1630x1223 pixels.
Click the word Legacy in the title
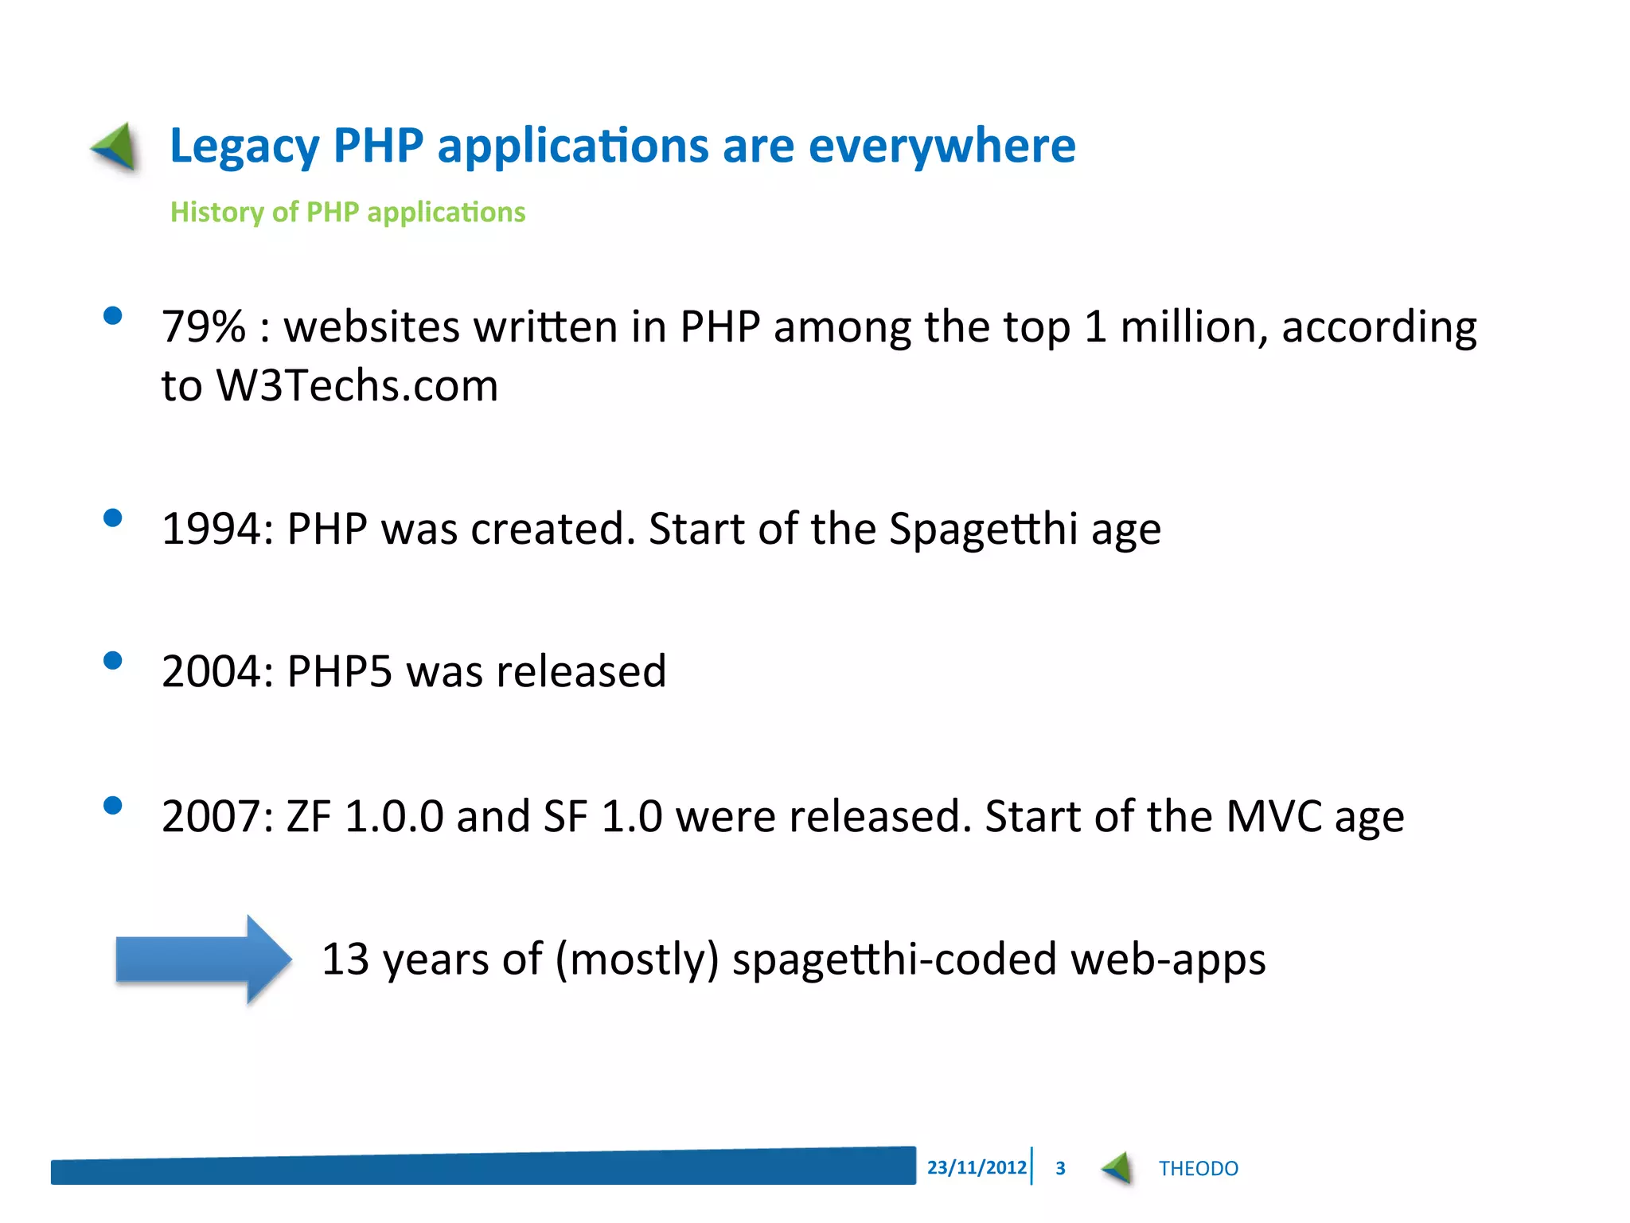[244, 147]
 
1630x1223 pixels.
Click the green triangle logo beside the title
[116, 147]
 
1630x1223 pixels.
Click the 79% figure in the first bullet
[204, 327]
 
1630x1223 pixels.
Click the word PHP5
[339, 672]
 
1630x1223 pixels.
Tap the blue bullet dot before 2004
[113, 661]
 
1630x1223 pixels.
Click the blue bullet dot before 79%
[113, 316]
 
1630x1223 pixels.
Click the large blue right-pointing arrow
[204, 959]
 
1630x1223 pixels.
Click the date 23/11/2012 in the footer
[977, 1167]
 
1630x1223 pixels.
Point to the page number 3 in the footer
[1060, 1168]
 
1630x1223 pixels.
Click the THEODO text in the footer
[1198, 1168]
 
